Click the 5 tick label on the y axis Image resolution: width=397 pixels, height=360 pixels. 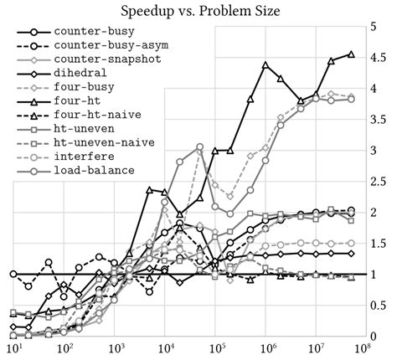pyautogui.click(x=374, y=27)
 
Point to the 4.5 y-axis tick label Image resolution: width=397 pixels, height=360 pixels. pyautogui.click(x=376, y=58)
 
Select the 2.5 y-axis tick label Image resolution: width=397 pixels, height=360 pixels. pyautogui.click(x=376, y=182)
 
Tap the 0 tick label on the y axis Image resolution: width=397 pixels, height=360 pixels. pyautogui.click(x=374, y=336)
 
